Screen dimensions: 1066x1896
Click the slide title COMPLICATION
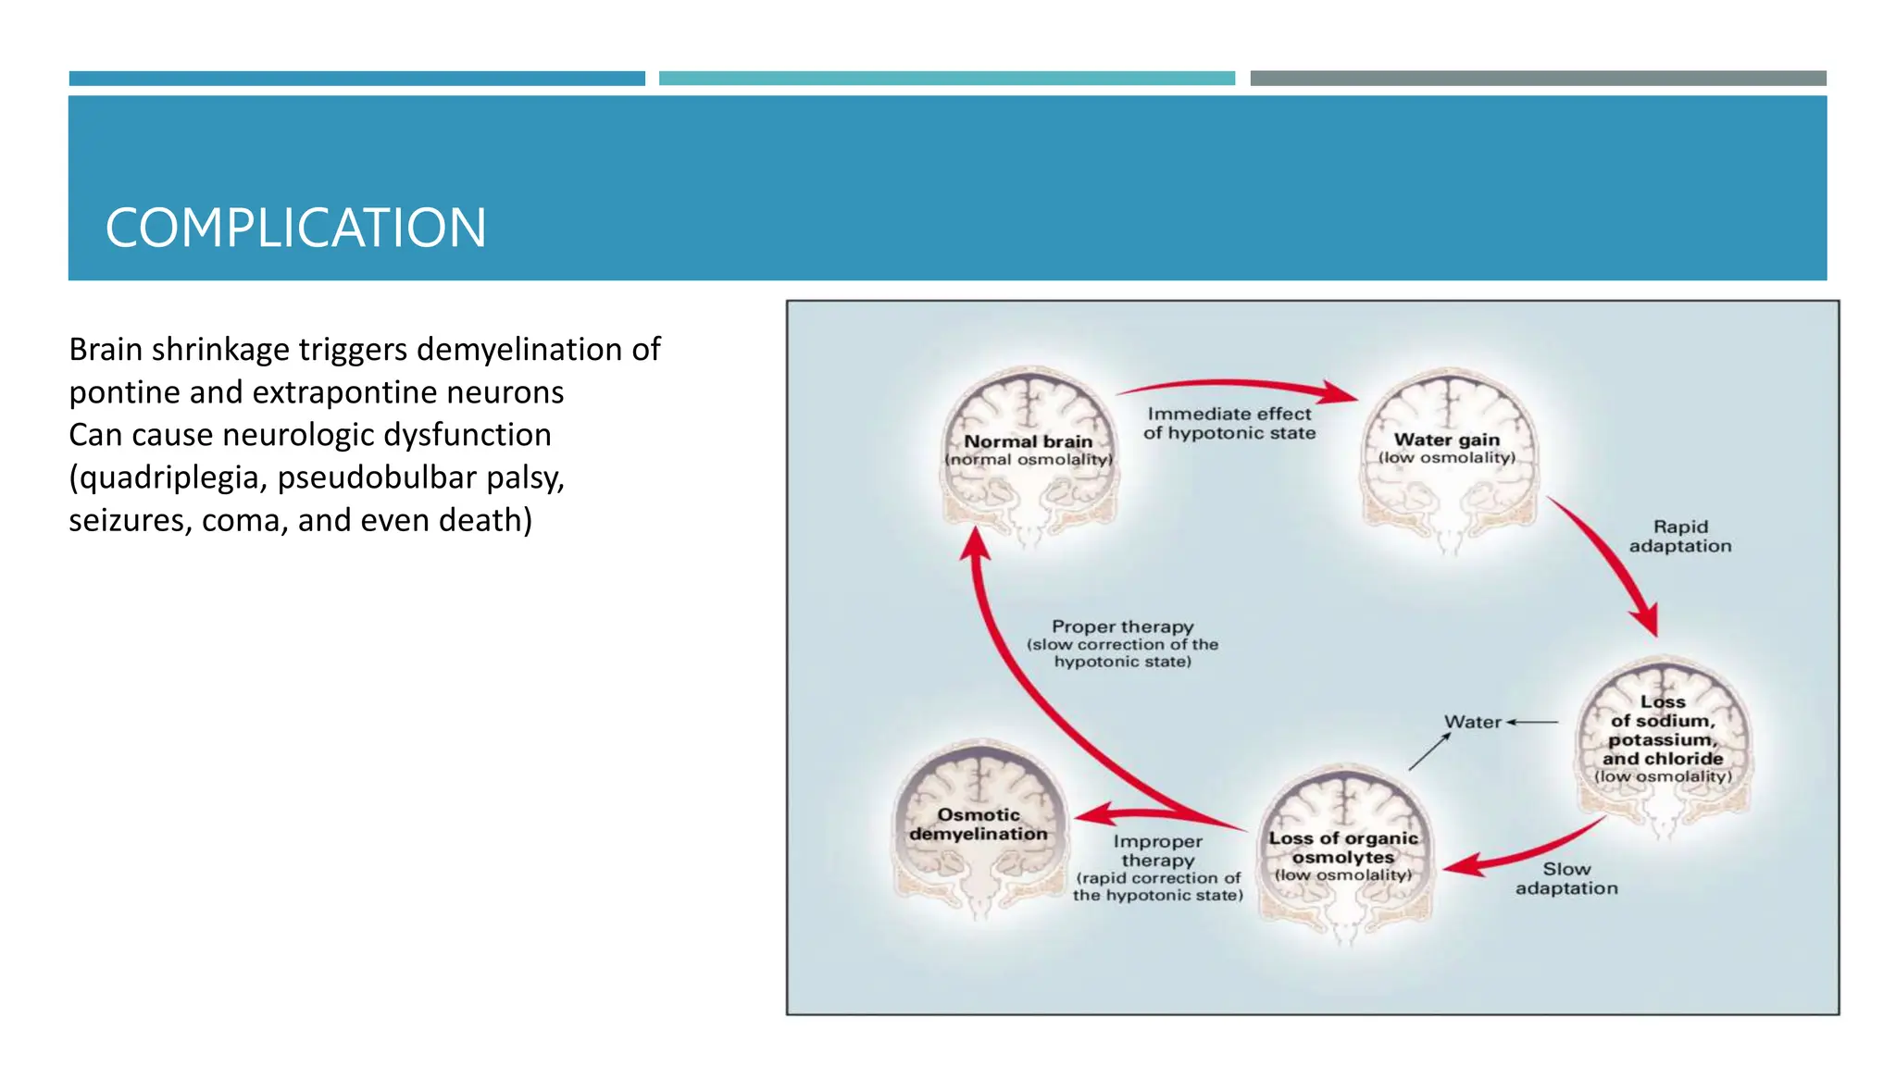pyautogui.click(x=295, y=228)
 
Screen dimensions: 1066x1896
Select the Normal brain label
pyautogui.click(x=1029, y=442)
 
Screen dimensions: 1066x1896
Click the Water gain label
pyautogui.click(x=1447, y=440)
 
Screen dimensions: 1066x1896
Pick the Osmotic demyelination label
pyautogui.click(x=979, y=824)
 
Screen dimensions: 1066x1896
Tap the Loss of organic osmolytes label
pyautogui.click(x=1343, y=848)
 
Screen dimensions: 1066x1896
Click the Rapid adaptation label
pyautogui.click(x=1680, y=537)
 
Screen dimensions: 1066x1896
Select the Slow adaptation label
pyautogui.click(x=1566, y=879)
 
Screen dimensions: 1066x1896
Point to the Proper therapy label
pyautogui.click(x=1122, y=627)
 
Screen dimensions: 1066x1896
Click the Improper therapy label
pyautogui.click(x=1157, y=851)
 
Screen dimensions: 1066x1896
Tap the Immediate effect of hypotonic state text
pyautogui.click(x=1229, y=424)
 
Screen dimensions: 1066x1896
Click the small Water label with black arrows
pyautogui.click(x=1472, y=722)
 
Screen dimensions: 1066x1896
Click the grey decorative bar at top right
pyautogui.click(x=1538, y=79)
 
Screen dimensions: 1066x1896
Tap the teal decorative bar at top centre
pyautogui.click(x=946, y=79)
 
